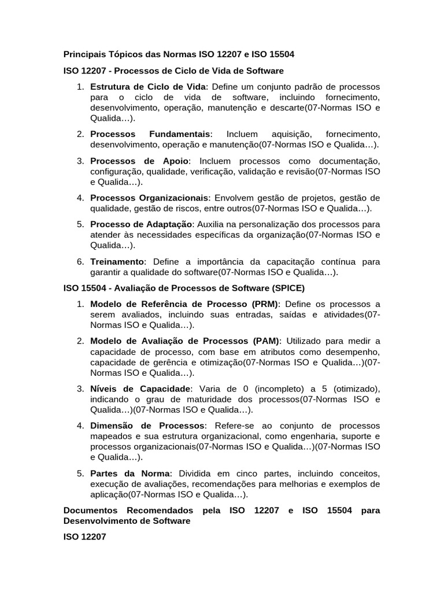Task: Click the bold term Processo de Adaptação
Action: (141, 224)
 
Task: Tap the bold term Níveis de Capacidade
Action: (140, 388)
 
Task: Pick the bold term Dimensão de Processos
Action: (147, 425)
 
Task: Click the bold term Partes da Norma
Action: (131, 473)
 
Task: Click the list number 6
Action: (81, 262)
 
